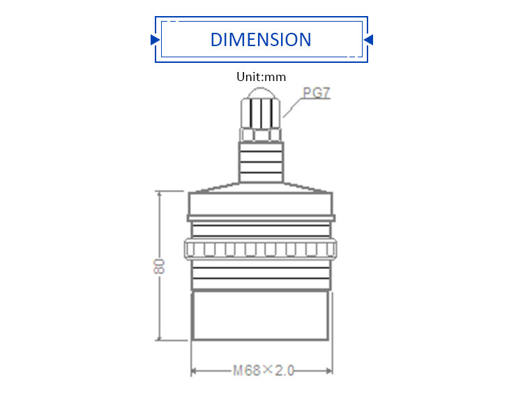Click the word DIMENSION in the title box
point(261,39)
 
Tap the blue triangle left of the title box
point(155,40)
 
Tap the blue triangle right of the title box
point(369,40)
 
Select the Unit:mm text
point(261,77)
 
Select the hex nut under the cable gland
point(261,133)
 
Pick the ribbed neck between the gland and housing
point(261,161)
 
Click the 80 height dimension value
point(160,266)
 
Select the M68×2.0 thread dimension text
point(263,370)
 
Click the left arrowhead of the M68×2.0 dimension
point(195,370)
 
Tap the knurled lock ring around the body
point(261,249)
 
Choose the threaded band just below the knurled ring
point(261,277)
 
